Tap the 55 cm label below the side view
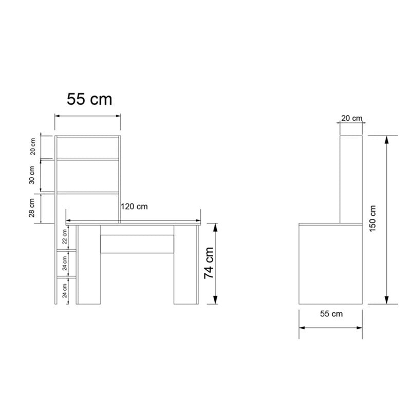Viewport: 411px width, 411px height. pyautogui.click(x=331, y=313)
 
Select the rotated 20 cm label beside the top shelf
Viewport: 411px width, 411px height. pyautogui.click(x=33, y=147)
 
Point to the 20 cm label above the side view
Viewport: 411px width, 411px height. pyautogui.click(x=352, y=118)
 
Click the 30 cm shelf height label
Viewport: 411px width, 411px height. pyautogui.click(x=32, y=176)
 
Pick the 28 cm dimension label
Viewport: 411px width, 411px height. pyautogui.click(x=32, y=208)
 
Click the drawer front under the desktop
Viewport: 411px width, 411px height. pyautogui.click(x=137, y=244)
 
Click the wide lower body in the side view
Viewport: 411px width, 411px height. pyautogui.click(x=332, y=265)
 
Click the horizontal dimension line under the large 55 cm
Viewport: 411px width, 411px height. pyautogui.click(x=88, y=116)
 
